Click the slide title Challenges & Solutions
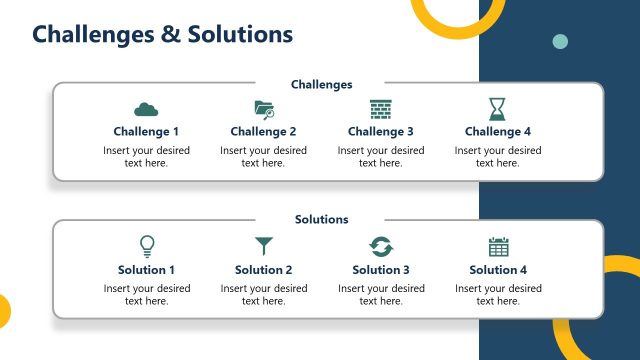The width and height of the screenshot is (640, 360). [x=162, y=34]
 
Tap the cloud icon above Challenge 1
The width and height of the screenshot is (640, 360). [x=147, y=109]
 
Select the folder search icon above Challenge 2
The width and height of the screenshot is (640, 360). [x=264, y=109]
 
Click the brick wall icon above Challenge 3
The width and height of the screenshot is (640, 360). [x=381, y=109]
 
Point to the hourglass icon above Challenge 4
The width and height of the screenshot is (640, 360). [x=498, y=109]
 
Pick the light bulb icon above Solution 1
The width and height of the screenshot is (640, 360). [x=147, y=246]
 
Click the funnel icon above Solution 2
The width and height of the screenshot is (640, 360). [x=264, y=246]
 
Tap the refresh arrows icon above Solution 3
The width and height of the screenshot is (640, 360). [x=381, y=246]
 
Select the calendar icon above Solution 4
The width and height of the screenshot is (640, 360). [x=498, y=246]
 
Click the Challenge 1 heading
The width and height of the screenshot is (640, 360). [x=147, y=131]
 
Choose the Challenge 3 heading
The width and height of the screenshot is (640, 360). [x=381, y=131]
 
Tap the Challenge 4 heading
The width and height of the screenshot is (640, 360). [x=498, y=131]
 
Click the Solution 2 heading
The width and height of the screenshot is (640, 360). [x=264, y=269]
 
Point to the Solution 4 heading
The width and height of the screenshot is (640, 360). [x=498, y=269]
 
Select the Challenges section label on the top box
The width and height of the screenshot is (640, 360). [x=322, y=85]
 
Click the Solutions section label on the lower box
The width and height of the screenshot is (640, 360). [x=322, y=219]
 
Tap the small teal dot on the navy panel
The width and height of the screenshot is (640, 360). [x=560, y=41]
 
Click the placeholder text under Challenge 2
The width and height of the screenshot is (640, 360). [x=264, y=157]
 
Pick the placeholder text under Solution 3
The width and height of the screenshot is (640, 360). [x=381, y=295]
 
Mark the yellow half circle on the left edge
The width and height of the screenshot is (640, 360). [x=4, y=311]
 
